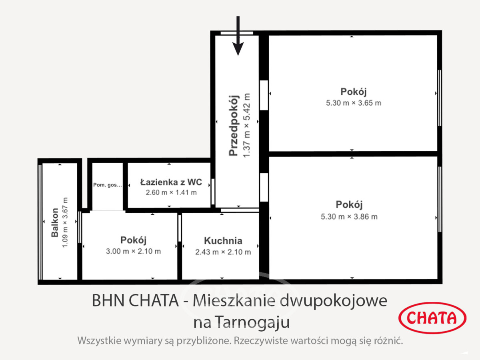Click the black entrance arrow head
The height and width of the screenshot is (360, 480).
(238, 49)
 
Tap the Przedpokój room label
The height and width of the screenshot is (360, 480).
(233, 126)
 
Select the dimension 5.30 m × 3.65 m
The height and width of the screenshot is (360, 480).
(354, 103)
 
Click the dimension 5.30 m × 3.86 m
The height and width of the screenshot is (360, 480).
(349, 217)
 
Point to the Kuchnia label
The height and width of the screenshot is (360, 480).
(223, 241)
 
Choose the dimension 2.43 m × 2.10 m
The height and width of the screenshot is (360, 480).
(223, 252)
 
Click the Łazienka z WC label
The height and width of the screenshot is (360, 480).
(171, 182)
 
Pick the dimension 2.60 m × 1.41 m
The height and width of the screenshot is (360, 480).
(171, 192)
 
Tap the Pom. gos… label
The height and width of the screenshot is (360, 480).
(108, 185)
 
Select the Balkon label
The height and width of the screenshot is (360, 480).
(55, 222)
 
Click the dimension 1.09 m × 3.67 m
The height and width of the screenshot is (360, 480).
(65, 222)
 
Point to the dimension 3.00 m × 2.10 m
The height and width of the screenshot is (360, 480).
(133, 251)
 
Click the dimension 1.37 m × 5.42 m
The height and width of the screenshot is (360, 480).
(246, 125)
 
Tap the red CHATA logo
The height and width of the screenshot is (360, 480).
(432, 318)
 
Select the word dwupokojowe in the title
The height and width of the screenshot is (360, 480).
(334, 301)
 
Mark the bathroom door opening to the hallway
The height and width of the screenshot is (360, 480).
(213, 192)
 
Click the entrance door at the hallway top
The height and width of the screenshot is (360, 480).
(237, 33)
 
